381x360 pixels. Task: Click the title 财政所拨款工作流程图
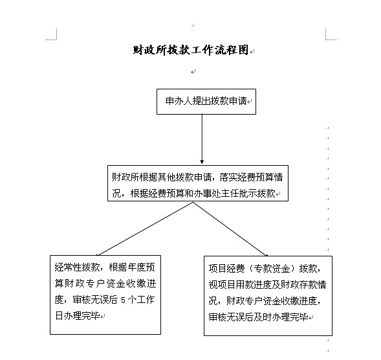(x=191, y=50)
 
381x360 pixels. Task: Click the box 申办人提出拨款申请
(x=206, y=102)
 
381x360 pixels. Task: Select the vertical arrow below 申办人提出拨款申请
(x=202, y=139)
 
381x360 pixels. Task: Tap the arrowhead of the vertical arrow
(x=202, y=162)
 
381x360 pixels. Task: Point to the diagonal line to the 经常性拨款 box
(x=145, y=229)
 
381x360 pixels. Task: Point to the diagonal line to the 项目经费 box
(x=230, y=229)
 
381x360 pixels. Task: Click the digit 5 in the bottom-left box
(x=123, y=300)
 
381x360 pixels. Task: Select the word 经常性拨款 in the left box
(x=77, y=267)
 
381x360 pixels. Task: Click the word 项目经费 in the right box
(x=226, y=269)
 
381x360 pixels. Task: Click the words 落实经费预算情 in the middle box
(x=251, y=177)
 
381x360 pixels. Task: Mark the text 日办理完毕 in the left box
(x=78, y=316)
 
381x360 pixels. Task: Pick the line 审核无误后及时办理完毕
(x=259, y=317)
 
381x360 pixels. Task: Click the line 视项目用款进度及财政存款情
(x=267, y=285)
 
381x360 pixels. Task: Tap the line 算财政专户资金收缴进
(x=105, y=284)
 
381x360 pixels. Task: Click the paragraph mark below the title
(x=193, y=72)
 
